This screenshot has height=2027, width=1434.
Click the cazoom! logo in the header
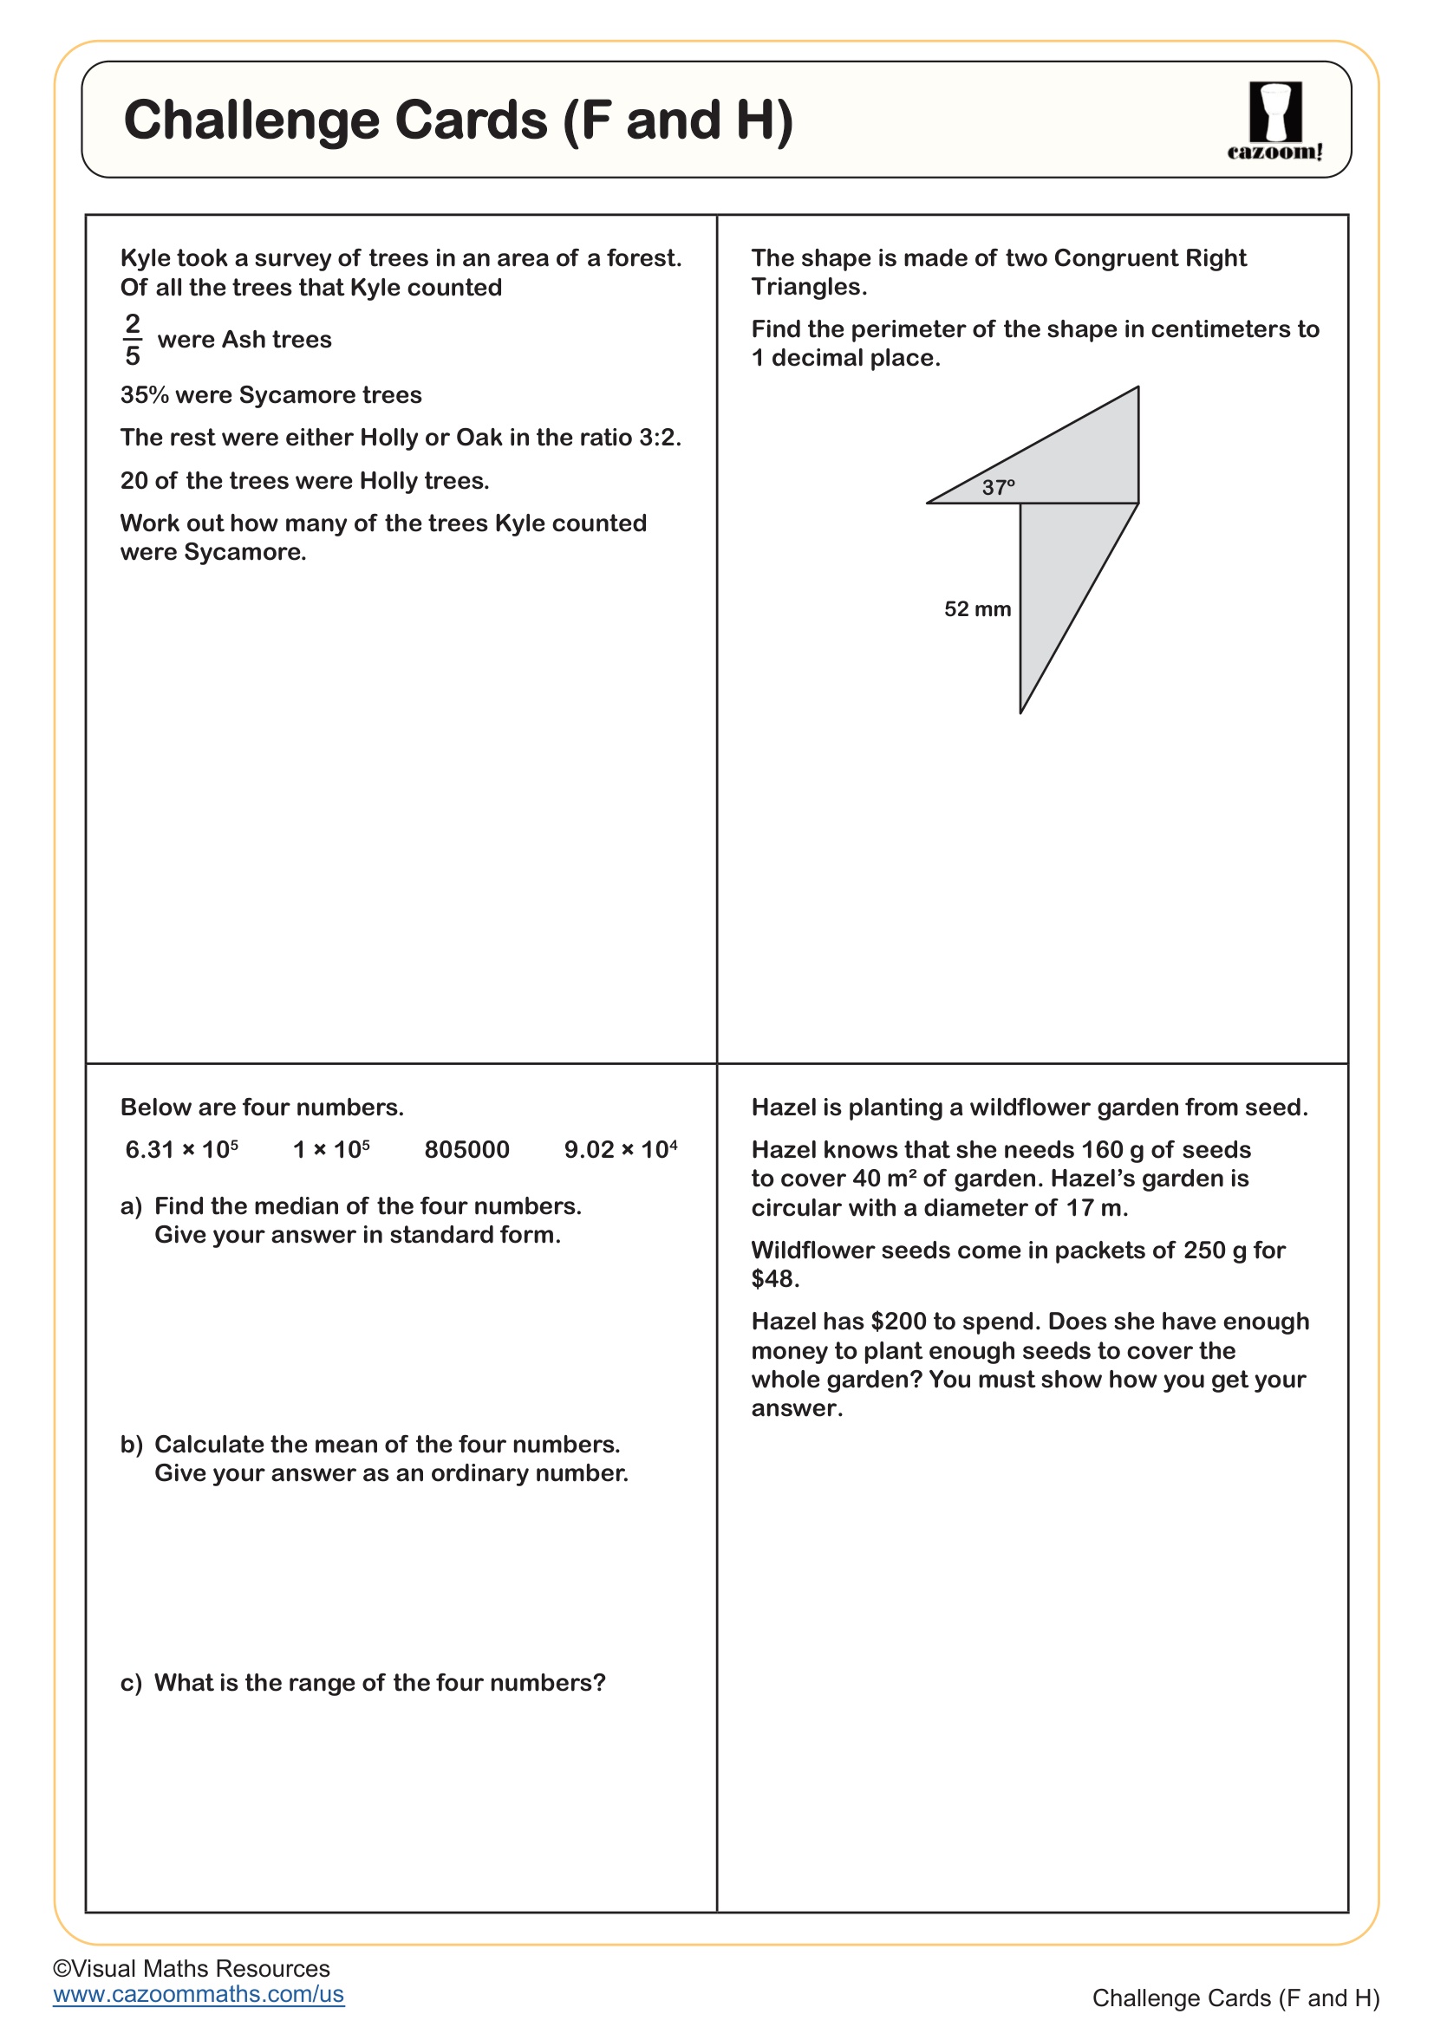1274,121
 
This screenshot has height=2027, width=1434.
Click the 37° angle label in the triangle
999,487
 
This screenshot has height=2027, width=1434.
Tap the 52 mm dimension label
977,609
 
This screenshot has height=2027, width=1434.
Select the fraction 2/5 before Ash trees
133,339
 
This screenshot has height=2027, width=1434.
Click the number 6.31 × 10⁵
182,1149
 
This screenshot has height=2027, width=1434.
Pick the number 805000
466,1149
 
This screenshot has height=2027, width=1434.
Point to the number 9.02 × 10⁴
621,1149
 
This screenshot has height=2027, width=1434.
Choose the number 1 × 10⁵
331,1149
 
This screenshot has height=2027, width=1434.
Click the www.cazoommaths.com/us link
199,1993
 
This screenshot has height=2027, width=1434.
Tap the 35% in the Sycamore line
144,394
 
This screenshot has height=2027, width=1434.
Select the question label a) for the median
131,1206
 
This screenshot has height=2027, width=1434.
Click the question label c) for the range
131,1683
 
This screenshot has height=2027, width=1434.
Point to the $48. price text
774,1278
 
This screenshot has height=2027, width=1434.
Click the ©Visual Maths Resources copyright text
191,1968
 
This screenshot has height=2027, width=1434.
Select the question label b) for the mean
131,1445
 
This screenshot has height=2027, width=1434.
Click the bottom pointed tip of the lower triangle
1020,711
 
